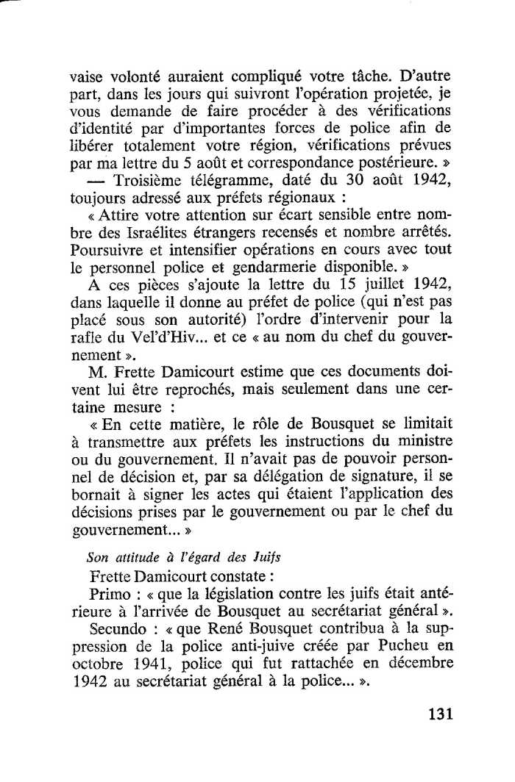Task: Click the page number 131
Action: (436, 714)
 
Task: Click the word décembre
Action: (416, 664)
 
